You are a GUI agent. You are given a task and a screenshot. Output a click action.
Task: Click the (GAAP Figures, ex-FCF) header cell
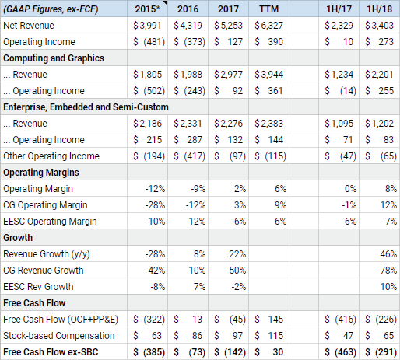pyautogui.click(x=53, y=9)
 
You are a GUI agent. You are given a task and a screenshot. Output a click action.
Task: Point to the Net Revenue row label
pyautogui.click(x=29, y=26)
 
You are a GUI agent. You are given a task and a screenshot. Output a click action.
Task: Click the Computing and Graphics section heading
pyautogui.click(x=54, y=58)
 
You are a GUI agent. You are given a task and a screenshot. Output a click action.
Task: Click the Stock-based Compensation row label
pyautogui.click(x=58, y=335)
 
